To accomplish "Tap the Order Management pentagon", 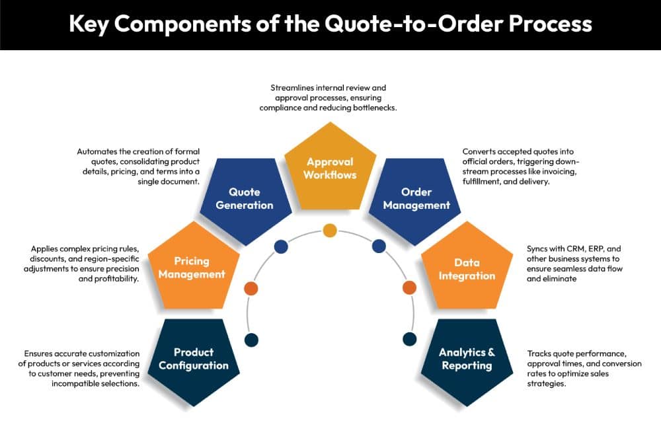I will [x=416, y=198].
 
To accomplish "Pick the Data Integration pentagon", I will [x=467, y=268].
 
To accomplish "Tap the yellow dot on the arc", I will [x=330, y=231].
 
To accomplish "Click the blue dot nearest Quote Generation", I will [x=281, y=246].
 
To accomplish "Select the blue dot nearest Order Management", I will [x=379, y=246].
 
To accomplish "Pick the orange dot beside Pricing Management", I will [x=251, y=288].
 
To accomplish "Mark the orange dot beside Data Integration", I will [x=409, y=288].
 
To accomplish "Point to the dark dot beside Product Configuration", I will [x=251, y=340].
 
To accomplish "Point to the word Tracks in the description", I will [x=539, y=354].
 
